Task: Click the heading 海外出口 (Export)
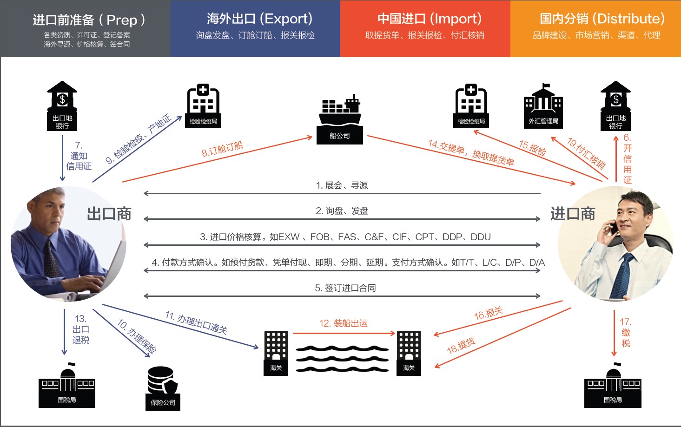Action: pos(259,19)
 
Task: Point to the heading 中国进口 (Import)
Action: pos(429,19)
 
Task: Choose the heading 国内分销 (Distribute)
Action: pos(602,19)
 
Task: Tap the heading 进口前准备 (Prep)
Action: pos(89,20)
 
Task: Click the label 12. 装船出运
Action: pos(343,323)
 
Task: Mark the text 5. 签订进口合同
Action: pos(345,288)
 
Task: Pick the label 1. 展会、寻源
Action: pos(342,185)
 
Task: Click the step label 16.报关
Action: pos(488,314)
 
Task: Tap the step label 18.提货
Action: pos(461,346)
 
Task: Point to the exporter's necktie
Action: pos(51,258)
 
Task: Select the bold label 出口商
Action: pos(109,214)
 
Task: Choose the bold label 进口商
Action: pos(573,214)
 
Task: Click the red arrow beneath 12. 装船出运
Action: pos(344,333)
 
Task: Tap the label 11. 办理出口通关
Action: pos(196,322)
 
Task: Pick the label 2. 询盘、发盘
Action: pos(342,211)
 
